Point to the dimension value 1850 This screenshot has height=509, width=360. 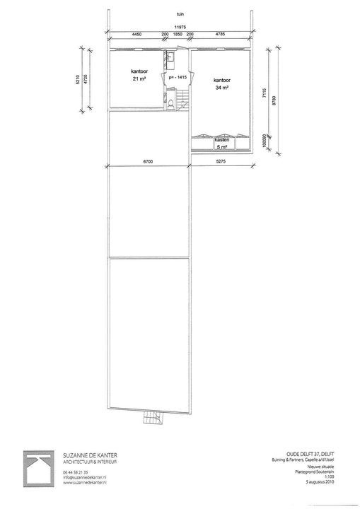click(178, 34)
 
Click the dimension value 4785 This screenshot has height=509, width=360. click(220, 34)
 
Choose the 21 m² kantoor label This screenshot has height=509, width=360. click(137, 76)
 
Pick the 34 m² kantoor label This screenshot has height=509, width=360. click(222, 86)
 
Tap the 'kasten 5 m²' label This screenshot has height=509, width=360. click(221, 144)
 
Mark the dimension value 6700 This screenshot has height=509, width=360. click(148, 162)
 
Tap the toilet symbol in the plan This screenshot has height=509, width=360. click(172, 105)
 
